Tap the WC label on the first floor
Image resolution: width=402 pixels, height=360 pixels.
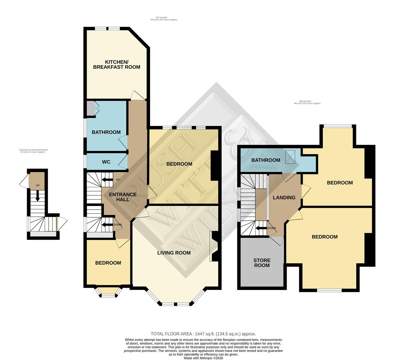(x=106, y=162)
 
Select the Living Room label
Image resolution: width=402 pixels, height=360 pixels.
(x=174, y=253)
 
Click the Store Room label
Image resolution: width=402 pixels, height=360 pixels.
(x=262, y=263)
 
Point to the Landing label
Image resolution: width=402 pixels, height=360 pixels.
(x=284, y=197)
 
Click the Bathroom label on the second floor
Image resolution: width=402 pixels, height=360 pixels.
(x=266, y=160)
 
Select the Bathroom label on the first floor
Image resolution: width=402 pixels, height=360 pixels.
(x=106, y=132)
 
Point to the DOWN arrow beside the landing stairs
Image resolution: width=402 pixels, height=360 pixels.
(x=261, y=228)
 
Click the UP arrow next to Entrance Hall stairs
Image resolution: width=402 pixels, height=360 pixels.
(x=107, y=180)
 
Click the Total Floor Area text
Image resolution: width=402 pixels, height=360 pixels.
(x=203, y=334)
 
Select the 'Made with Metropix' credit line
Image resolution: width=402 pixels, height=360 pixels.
(x=203, y=358)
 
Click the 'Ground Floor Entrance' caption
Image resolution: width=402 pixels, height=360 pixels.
(x=33, y=151)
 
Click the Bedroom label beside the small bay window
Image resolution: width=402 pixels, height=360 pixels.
(x=108, y=263)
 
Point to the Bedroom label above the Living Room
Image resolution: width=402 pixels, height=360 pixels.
(x=179, y=164)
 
